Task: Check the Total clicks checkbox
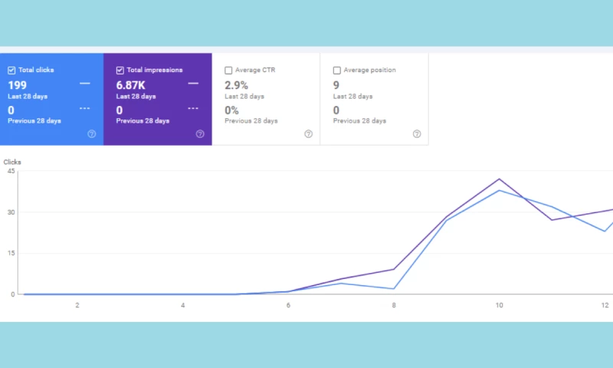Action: tap(11, 71)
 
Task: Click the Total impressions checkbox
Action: tap(120, 71)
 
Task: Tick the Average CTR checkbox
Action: tap(228, 71)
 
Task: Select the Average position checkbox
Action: tap(337, 71)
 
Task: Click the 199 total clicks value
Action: tap(18, 85)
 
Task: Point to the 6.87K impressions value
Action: tap(131, 85)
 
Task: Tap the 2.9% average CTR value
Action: tap(236, 85)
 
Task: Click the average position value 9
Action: tap(336, 85)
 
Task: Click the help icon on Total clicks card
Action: tap(92, 134)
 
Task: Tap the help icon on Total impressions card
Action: tap(200, 134)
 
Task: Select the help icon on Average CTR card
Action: tap(308, 134)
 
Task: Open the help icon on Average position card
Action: tap(417, 134)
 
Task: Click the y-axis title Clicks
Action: tap(12, 163)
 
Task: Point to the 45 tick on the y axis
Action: tap(11, 171)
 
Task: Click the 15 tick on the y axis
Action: tap(11, 253)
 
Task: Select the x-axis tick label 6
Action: tap(288, 305)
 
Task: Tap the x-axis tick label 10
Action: tap(499, 305)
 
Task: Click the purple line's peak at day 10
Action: tap(500, 179)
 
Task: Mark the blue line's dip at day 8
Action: tap(394, 288)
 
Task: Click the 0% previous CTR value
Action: tap(231, 110)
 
